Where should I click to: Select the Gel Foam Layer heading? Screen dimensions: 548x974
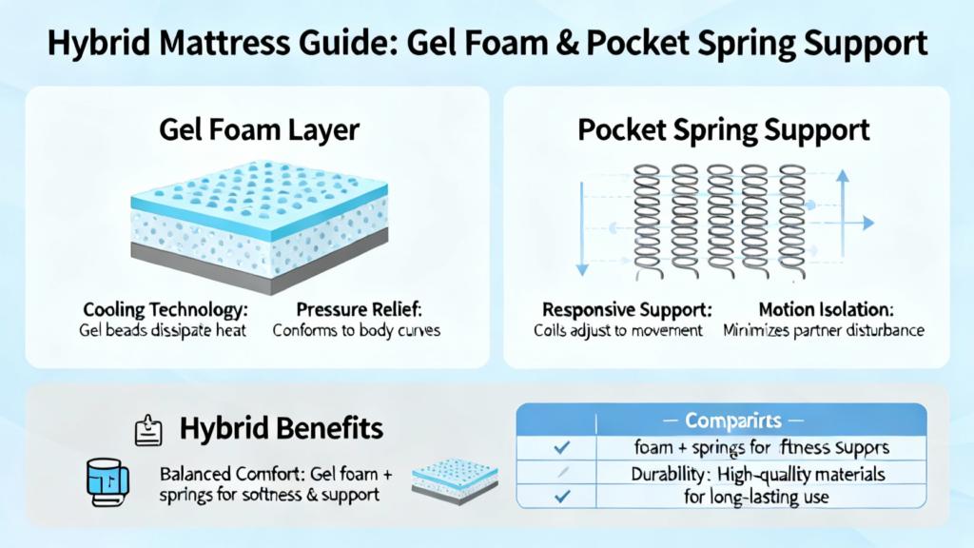(257, 131)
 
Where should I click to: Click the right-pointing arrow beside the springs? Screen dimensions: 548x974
(864, 223)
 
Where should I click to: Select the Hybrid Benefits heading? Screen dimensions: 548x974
(282, 429)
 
